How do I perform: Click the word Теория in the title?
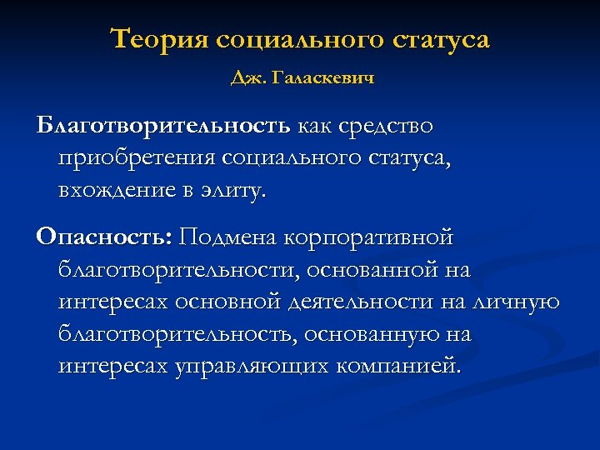158,40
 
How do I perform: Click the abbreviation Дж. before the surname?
246,79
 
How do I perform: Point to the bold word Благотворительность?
163,126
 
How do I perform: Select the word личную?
520,301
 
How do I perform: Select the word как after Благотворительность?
312,126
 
